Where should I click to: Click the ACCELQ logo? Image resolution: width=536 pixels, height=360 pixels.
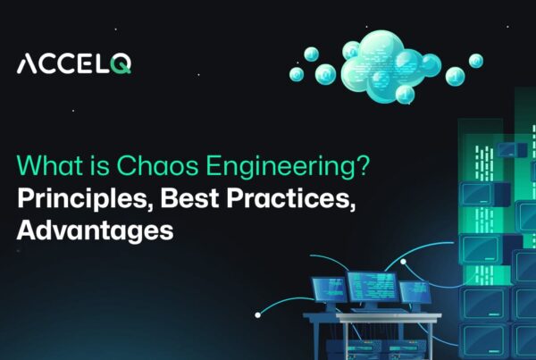click(74, 64)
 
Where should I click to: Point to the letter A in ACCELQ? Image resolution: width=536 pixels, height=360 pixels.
click(28, 64)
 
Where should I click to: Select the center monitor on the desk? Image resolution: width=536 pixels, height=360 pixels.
click(372, 288)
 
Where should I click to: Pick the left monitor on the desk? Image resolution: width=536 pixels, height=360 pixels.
click(329, 289)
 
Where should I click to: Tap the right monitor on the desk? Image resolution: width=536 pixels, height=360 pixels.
click(415, 291)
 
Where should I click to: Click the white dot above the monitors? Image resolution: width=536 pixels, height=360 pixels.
click(403, 262)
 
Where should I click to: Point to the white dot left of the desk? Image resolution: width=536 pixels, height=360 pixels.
click(258, 314)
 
